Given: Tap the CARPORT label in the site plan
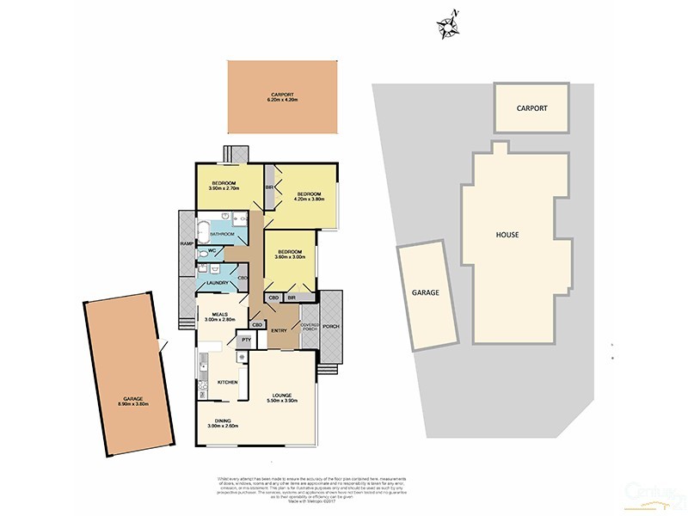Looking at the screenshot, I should pyautogui.click(x=531, y=108).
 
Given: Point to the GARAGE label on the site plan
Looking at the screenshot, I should pyautogui.click(x=426, y=292).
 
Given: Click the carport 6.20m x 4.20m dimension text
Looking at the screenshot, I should pyautogui.click(x=282, y=100).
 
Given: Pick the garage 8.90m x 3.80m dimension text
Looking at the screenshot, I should pyautogui.click(x=132, y=404).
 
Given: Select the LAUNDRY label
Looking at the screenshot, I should pyautogui.click(x=217, y=282).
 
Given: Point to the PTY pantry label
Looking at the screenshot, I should pyautogui.click(x=245, y=340).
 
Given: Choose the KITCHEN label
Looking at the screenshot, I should pyautogui.click(x=227, y=382).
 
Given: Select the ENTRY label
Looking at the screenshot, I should pyautogui.click(x=279, y=331).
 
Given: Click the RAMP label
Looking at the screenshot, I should pyautogui.click(x=186, y=243).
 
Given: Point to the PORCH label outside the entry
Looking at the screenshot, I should pyautogui.click(x=332, y=327).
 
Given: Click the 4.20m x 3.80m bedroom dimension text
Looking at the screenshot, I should pyautogui.click(x=310, y=199).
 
